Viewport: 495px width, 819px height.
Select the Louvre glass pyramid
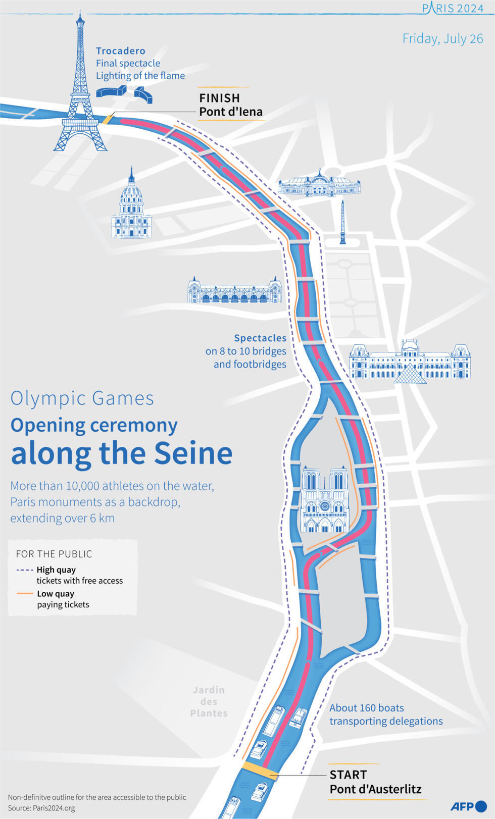click(410, 373)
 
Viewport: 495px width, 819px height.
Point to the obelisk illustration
click(343, 222)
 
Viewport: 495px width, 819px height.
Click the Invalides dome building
click(131, 207)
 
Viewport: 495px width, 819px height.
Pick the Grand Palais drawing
click(319, 185)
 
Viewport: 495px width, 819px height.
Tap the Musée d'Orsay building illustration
click(234, 291)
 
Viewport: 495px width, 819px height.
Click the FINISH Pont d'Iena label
click(230, 105)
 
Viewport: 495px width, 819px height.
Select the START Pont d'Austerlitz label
click(375, 782)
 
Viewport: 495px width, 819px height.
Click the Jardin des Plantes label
click(209, 701)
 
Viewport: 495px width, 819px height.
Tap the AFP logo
click(468, 806)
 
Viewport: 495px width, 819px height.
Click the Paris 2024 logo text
click(453, 9)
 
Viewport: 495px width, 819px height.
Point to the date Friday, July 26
click(442, 39)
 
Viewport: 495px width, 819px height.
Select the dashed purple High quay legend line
click(25, 570)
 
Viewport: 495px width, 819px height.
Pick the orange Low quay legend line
click(25, 594)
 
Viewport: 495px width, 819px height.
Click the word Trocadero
click(121, 51)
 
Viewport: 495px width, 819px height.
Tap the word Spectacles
click(260, 338)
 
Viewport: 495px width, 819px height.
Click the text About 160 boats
click(367, 708)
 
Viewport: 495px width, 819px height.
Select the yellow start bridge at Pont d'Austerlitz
click(259, 771)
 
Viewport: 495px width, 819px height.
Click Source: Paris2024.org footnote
click(41, 808)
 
